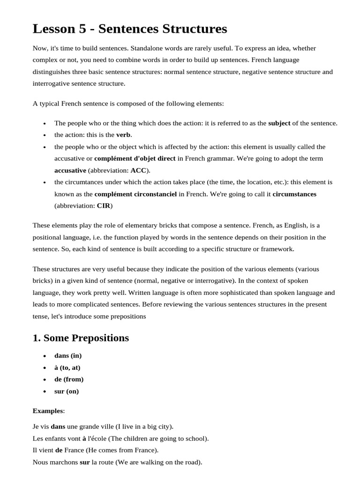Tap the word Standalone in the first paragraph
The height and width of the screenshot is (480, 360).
pos(147,48)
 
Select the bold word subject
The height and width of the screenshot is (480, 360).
pos(279,123)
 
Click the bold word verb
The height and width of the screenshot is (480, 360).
pos(124,135)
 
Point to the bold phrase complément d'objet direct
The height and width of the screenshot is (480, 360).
pos(135,158)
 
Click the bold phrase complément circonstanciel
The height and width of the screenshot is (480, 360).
pos(135,194)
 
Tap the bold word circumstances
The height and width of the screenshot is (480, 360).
pos(294,194)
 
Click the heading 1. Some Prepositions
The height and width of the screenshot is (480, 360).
pos(81,338)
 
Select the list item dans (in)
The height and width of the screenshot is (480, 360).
pos(68,356)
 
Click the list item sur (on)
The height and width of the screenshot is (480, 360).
pos(67,391)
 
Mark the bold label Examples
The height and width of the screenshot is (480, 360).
pos(47,411)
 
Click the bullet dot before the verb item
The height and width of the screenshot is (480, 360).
pos(44,135)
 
